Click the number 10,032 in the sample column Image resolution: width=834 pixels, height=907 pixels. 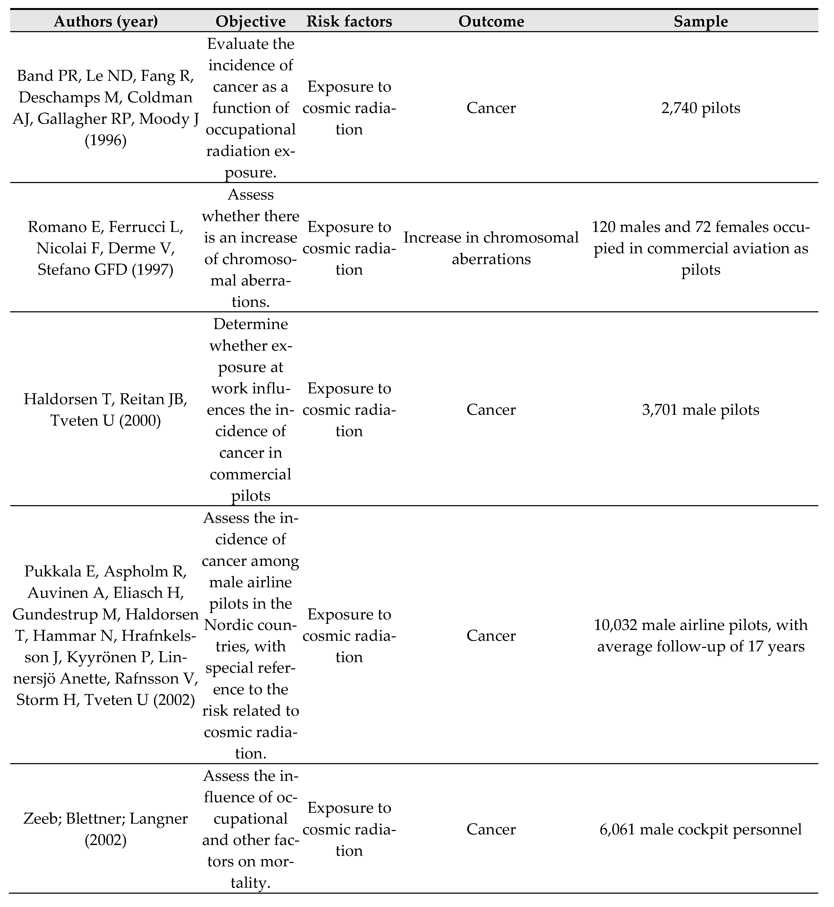[x=615, y=625]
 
